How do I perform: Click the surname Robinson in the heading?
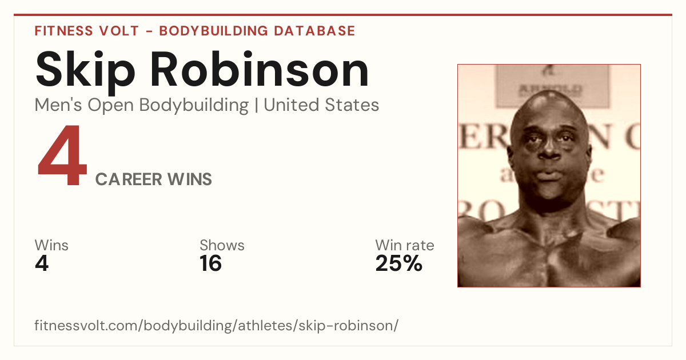(x=260, y=69)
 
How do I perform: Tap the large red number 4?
(x=62, y=155)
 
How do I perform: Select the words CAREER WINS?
(x=153, y=179)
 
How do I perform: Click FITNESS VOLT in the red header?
(x=87, y=31)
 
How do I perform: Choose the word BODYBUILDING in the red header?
(x=214, y=31)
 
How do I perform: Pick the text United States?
(x=321, y=105)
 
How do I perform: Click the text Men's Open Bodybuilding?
(x=142, y=105)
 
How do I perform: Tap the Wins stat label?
(x=51, y=245)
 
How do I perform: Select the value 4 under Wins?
(x=42, y=263)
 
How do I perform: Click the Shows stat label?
(x=222, y=245)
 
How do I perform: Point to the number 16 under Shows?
(x=210, y=263)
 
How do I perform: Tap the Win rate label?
(x=405, y=245)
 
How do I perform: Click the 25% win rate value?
(x=399, y=263)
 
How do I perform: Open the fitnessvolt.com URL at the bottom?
(x=217, y=325)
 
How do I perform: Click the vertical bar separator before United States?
(x=256, y=105)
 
